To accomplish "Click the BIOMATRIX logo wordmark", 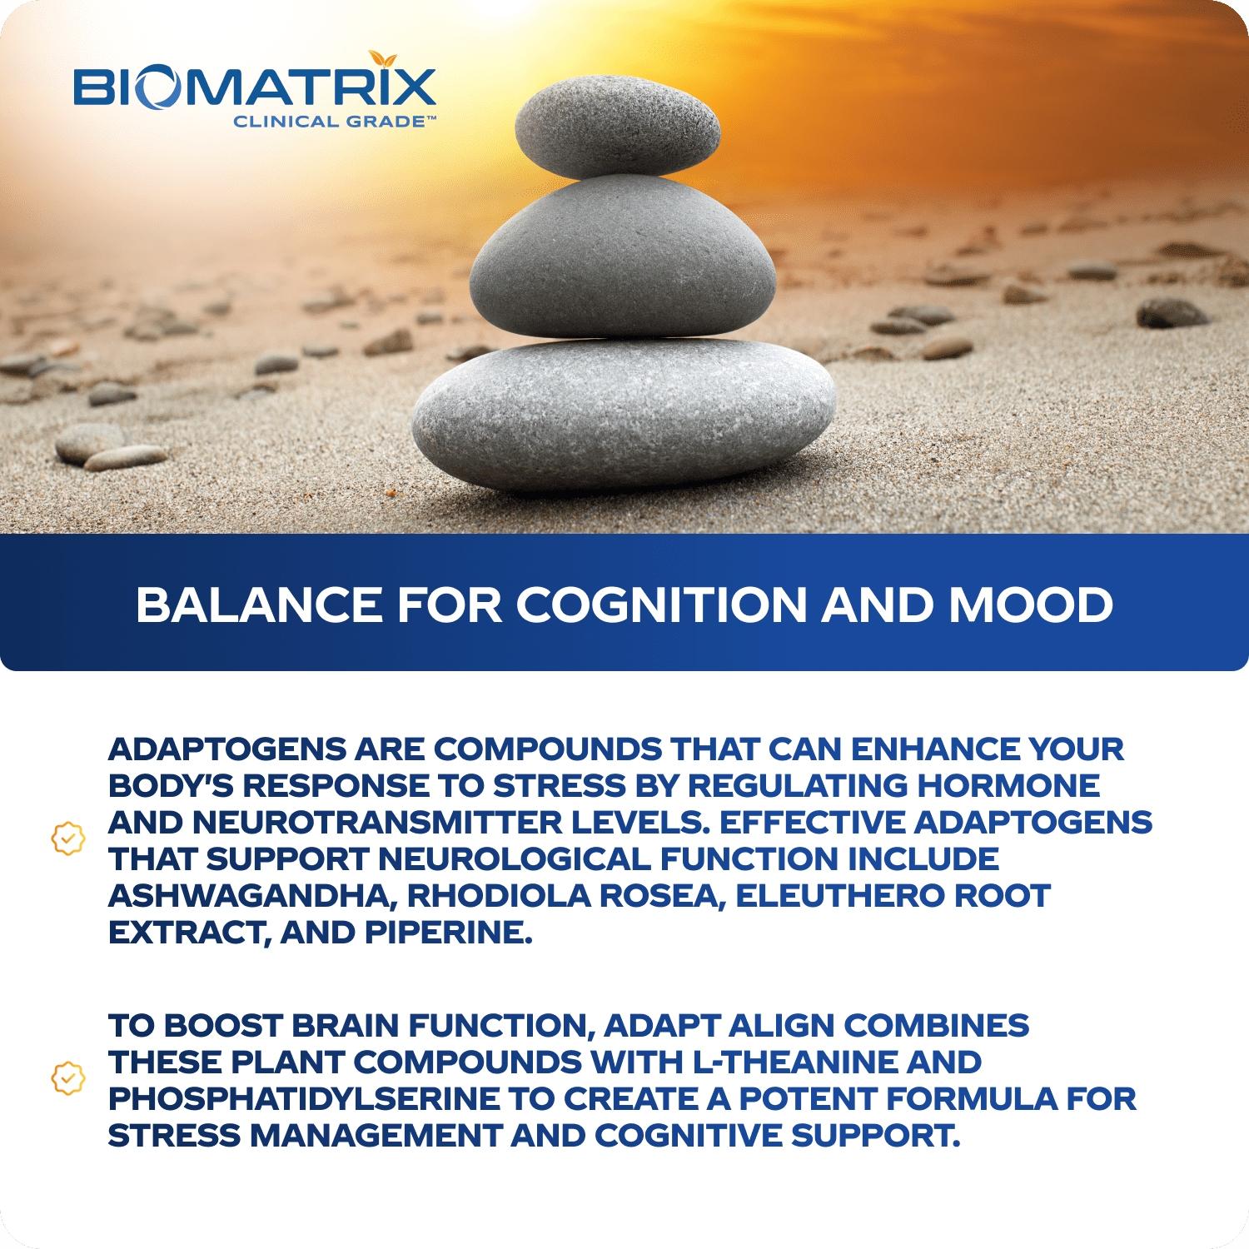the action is click(x=255, y=87).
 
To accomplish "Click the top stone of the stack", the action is click(x=617, y=127).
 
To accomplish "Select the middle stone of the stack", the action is click(x=623, y=256).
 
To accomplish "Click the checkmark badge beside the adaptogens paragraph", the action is click(x=68, y=838).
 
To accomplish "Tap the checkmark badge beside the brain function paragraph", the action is click(x=68, y=1078).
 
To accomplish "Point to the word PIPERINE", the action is click(x=449, y=933).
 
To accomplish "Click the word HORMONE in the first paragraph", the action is click(x=1008, y=786).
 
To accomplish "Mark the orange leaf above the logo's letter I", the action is click(x=383, y=58).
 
